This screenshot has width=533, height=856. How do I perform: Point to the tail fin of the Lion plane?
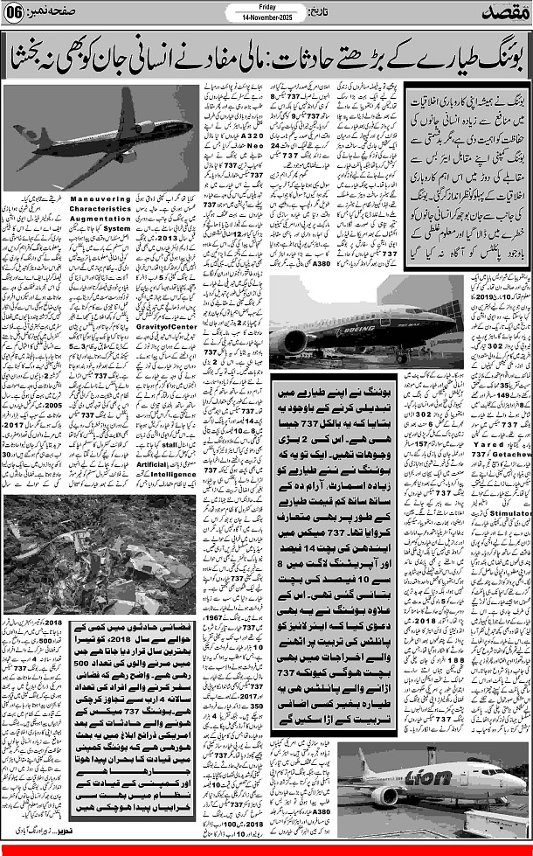coord(359,761)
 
